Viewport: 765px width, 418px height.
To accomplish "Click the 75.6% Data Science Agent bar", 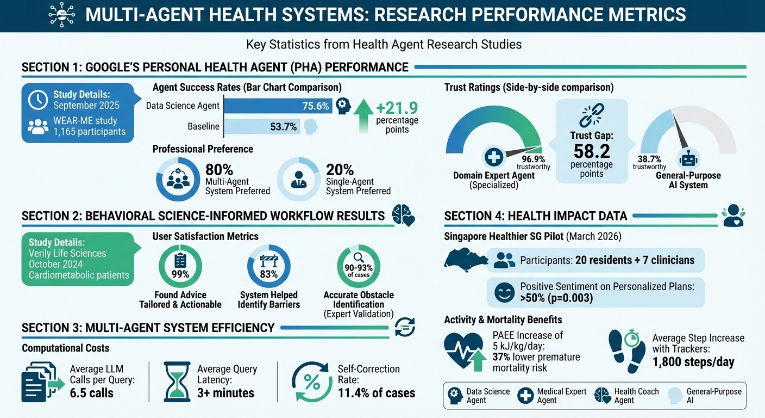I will point(277,106).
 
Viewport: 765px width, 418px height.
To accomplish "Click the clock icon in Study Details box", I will point(37,99).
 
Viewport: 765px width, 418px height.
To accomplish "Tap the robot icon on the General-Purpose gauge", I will point(688,159).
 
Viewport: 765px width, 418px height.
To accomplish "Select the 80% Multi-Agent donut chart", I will point(178,180).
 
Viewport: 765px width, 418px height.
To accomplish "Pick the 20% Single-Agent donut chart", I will point(298,180).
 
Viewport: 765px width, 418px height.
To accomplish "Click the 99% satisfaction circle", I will point(180,266).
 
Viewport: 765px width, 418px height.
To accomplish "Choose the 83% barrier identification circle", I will point(268,266).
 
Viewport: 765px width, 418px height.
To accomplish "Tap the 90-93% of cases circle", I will point(359,266).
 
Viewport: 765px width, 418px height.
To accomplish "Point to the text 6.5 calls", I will point(92,392).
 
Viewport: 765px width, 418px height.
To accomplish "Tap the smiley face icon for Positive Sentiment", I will point(504,293).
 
